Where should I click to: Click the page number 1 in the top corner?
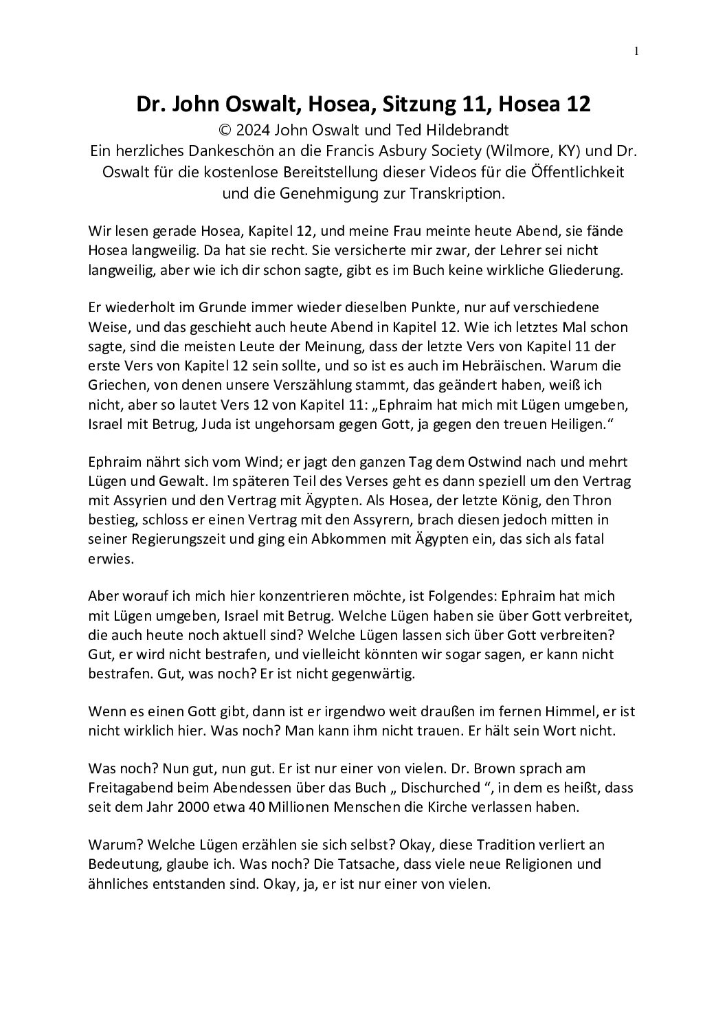pyautogui.click(x=636, y=50)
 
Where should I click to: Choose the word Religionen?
pyautogui.click(x=541, y=864)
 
